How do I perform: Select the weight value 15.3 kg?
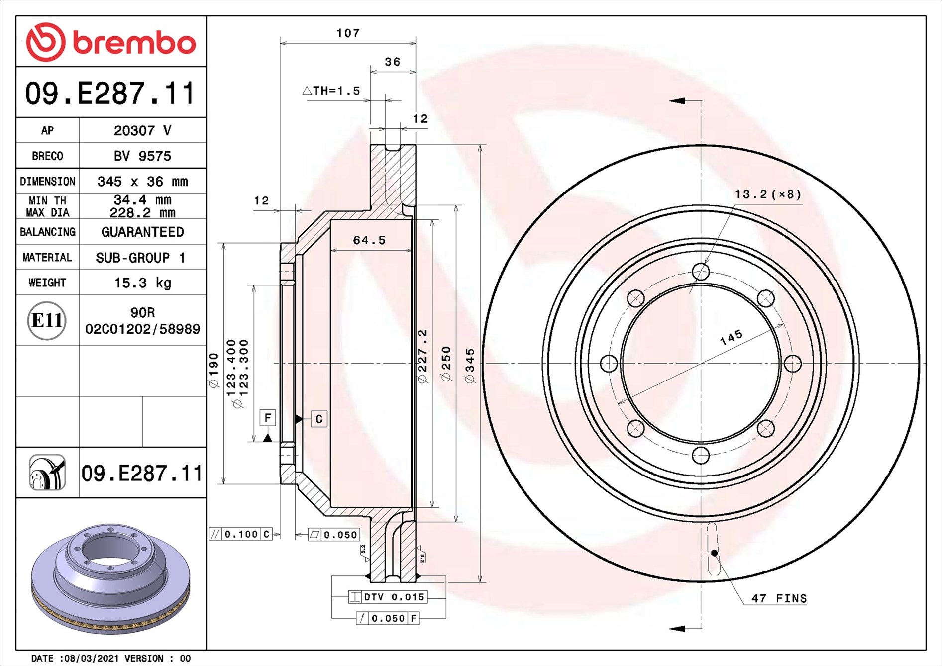coord(142,283)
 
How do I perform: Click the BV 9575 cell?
coord(142,156)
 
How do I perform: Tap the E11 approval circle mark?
coord(47,320)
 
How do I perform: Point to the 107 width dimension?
coord(348,33)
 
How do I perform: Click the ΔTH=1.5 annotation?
coord(331,91)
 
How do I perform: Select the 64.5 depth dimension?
coord(369,240)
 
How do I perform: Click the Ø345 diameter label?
coord(470,366)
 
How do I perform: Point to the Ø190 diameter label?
coord(213,371)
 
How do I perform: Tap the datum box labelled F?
coord(268,418)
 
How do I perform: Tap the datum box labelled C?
coord(319,419)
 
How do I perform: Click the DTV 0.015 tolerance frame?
coord(388,597)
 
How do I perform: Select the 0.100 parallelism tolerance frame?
coord(240,534)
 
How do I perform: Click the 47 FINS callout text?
coord(779,598)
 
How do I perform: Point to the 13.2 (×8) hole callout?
coord(768,194)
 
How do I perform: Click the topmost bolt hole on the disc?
coord(701,272)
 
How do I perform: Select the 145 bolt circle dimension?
coord(731,337)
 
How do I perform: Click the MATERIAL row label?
coord(47,258)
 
